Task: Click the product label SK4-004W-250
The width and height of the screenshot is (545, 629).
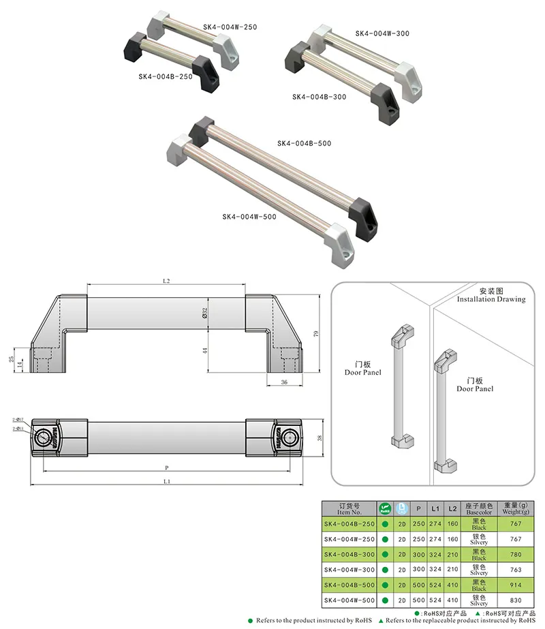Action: [x=230, y=27]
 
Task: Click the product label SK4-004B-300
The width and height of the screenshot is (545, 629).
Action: [x=319, y=97]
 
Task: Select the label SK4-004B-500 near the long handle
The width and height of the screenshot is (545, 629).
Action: [x=304, y=143]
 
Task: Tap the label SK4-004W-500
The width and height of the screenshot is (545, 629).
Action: [x=249, y=217]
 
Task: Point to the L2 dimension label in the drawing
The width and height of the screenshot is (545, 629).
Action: [x=166, y=281]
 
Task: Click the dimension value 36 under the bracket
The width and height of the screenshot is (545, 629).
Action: [x=284, y=383]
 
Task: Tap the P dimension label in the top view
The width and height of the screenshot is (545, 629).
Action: [x=167, y=468]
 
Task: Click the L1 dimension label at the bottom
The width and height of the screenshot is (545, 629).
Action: [x=167, y=482]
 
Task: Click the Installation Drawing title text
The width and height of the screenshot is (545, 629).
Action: [x=491, y=299]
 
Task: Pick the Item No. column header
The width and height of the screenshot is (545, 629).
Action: [x=347, y=508]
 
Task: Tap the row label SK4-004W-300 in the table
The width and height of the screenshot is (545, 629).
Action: [x=349, y=570]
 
